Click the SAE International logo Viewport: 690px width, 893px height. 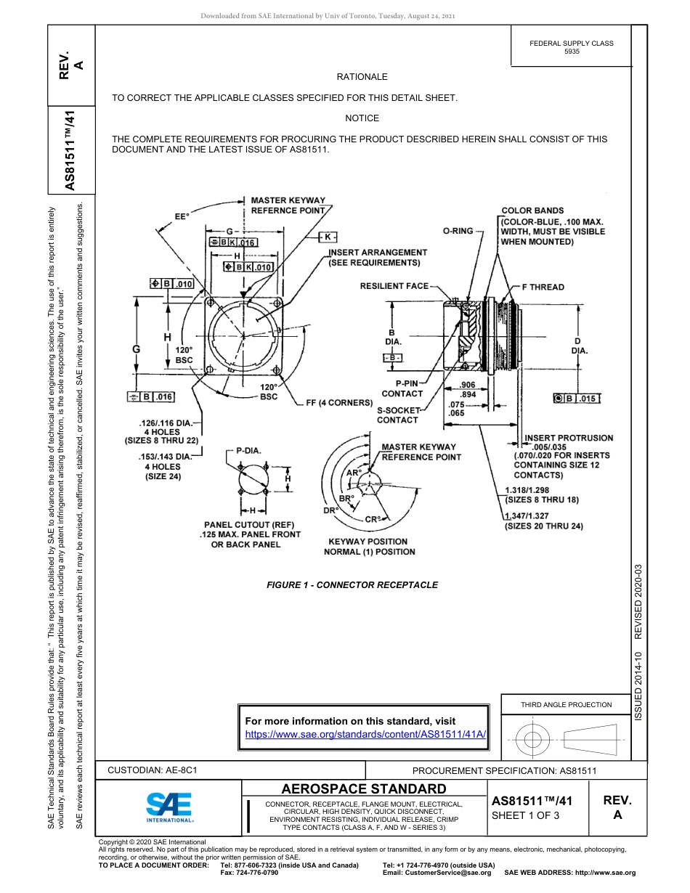169,806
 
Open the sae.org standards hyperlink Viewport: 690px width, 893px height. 365,734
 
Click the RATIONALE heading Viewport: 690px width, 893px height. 362,77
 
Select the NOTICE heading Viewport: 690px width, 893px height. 362,118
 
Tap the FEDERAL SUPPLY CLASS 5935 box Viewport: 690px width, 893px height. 571,47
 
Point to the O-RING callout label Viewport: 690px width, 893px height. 458,231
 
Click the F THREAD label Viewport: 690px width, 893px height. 543,287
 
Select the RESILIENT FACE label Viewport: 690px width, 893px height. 394,286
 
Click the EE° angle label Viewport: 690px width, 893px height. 182,216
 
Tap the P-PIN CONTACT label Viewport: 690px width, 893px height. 402,388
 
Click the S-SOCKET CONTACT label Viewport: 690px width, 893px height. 397,415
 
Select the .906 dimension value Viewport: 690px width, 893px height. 468,385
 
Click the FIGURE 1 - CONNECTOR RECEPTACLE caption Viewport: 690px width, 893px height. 352,585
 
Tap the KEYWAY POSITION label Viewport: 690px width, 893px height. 368,542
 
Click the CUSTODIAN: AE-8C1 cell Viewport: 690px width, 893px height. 153,770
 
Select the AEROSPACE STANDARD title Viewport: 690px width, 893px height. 363,788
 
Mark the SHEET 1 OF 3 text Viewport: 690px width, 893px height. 526,815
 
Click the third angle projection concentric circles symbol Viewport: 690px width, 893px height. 533,740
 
